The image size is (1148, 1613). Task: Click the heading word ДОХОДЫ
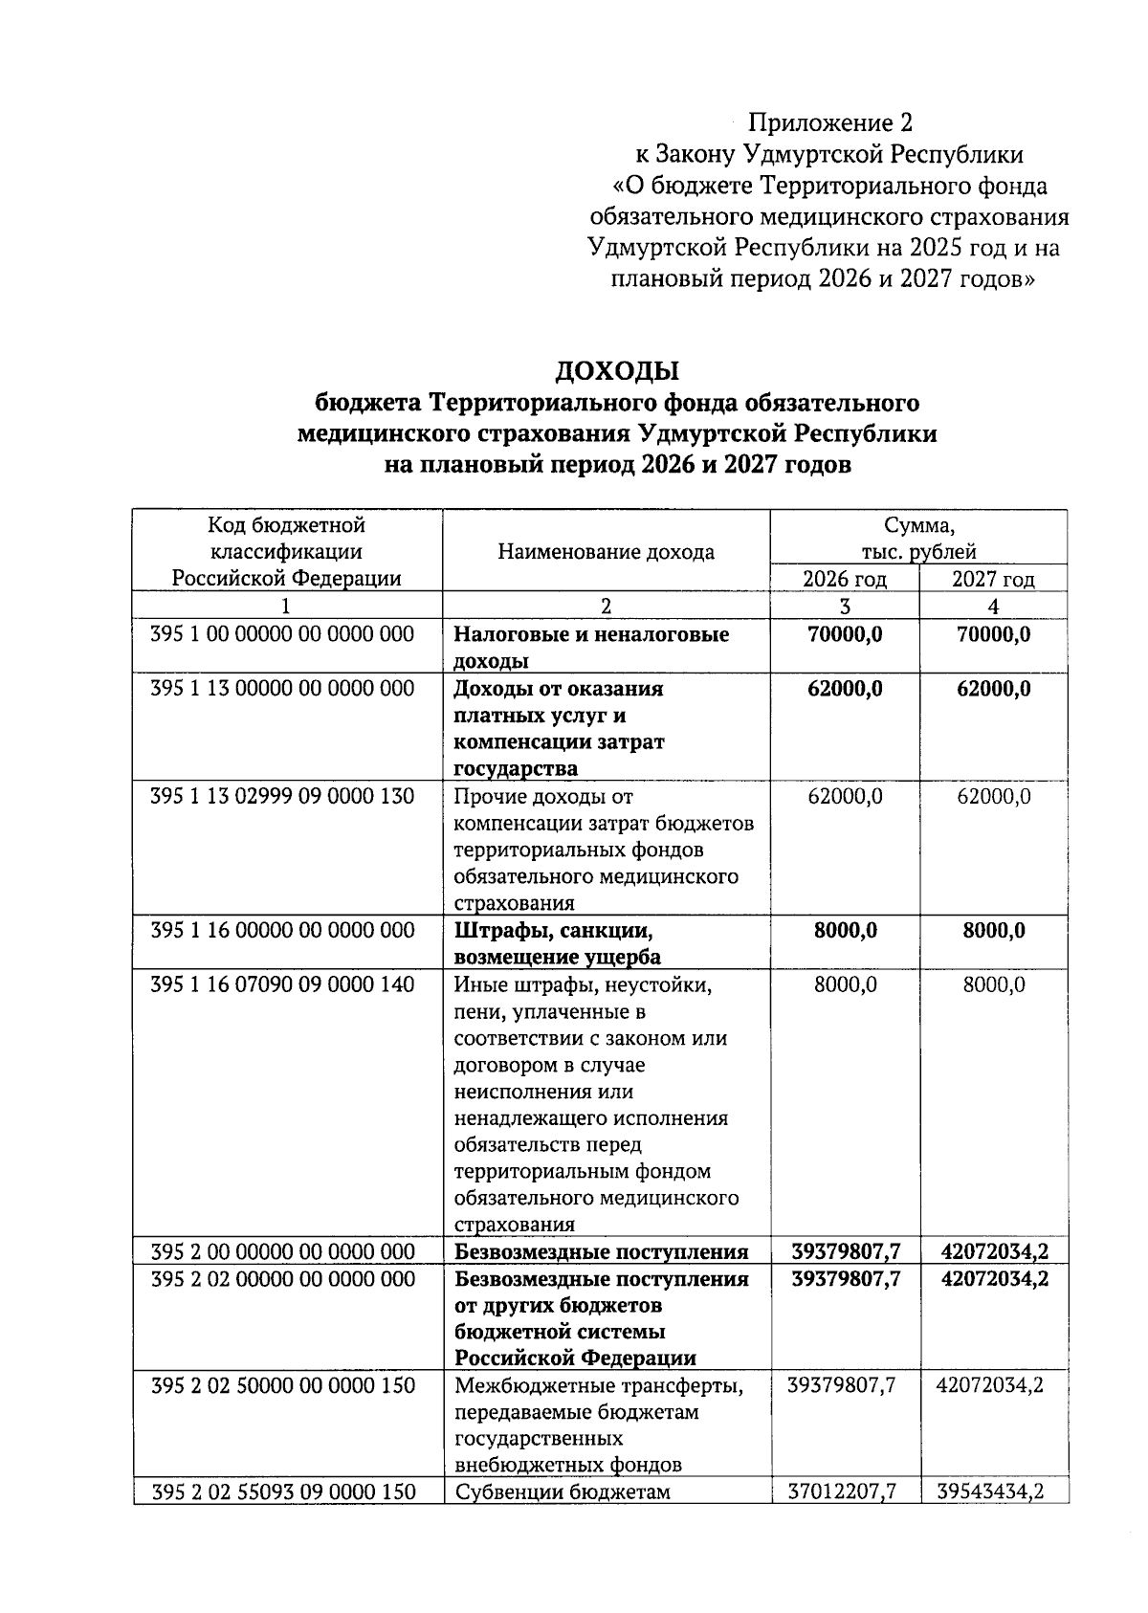[x=617, y=370]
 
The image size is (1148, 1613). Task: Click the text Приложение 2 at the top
[x=830, y=122]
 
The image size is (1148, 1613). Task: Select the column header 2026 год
[x=844, y=579]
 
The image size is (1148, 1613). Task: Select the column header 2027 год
[x=993, y=579]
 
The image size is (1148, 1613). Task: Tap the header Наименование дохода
[x=606, y=552]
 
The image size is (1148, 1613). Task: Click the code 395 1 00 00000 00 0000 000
[x=282, y=634]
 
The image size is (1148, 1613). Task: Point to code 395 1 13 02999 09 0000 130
[x=282, y=796]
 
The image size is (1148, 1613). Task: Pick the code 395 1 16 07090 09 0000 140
[x=282, y=984]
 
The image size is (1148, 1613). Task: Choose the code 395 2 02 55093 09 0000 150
[x=283, y=1491]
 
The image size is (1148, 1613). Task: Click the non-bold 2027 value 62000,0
[x=993, y=796]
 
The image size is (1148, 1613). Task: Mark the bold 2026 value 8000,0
[x=844, y=931]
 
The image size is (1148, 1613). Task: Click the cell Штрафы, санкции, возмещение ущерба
[x=557, y=943]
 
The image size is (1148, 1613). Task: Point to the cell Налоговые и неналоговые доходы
[x=590, y=647]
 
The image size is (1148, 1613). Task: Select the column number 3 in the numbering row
[x=844, y=606]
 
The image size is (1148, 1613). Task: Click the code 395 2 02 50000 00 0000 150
[x=282, y=1384]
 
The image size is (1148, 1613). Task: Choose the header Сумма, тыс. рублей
[x=918, y=539]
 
